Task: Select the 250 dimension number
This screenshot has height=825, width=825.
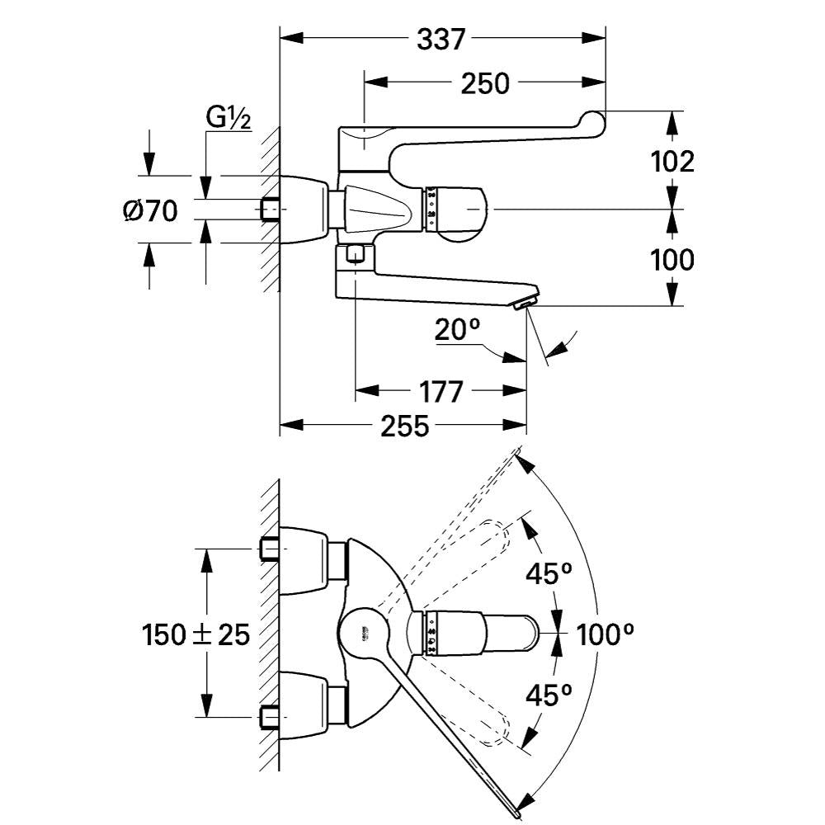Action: pyautogui.click(x=485, y=82)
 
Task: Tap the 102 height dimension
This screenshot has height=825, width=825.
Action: pyautogui.click(x=672, y=161)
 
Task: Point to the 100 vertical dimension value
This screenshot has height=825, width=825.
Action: pyautogui.click(x=672, y=260)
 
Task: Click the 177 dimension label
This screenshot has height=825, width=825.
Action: pyautogui.click(x=441, y=391)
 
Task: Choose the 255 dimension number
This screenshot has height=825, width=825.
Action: pyautogui.click(x=405, y=427)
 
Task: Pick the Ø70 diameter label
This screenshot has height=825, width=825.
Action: pyautogui.click(x=150, y=211)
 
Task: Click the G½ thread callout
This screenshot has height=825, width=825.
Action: pyautogui.click(x=229, y=120)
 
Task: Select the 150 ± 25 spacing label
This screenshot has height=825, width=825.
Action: pyautogui.click(x=196, y=635)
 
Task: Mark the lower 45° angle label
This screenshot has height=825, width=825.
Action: pyautogui.click(x=549, y=695)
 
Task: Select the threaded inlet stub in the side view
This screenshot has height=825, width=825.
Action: pyautogui.click(x=270, y=210)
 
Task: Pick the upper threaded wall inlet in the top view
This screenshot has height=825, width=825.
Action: pyautogui.click(x=269, y=549)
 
